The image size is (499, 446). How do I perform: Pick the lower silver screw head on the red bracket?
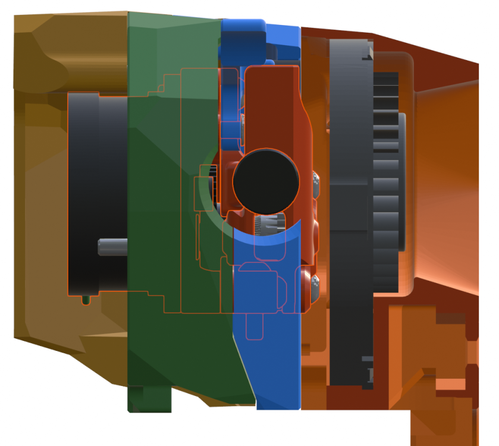tap(314, 284)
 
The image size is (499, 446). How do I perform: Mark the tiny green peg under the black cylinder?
tap(87, 300)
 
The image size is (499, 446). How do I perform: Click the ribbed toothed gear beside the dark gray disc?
tap(386, 178)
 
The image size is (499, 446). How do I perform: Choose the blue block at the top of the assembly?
tap(244, 36)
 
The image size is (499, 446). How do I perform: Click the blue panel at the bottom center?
tap(274, 357)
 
